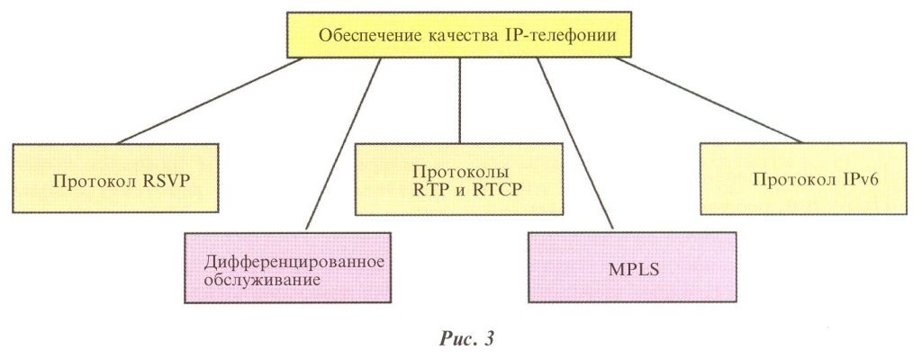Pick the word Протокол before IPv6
792,177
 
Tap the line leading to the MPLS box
576,144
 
